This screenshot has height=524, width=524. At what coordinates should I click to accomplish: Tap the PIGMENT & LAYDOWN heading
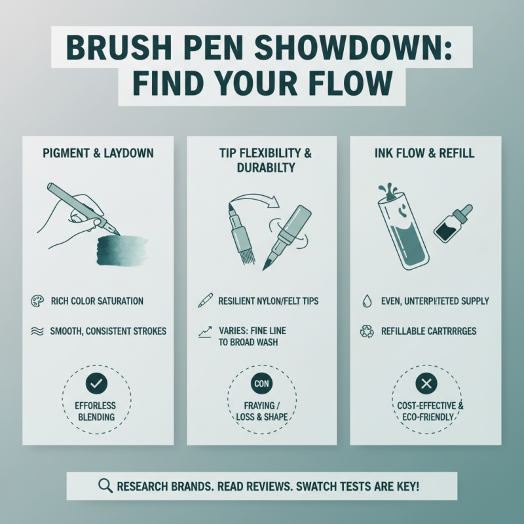tap(98, 153)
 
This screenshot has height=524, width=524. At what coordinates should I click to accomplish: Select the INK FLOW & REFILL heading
tap(425, 153)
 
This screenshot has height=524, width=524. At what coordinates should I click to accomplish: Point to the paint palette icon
tap(37, 301)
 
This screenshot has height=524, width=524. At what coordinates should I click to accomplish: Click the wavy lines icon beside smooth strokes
tap(37, 331)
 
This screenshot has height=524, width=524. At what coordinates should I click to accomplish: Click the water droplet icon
tap(366, 301)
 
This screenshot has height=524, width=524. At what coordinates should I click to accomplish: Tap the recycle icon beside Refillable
tap(366, 331)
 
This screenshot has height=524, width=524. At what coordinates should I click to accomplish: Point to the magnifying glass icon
tap(105, 486)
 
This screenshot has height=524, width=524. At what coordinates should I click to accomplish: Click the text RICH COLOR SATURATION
tap(97, 301)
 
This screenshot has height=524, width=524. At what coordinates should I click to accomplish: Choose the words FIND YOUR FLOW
tap(262, 84)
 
